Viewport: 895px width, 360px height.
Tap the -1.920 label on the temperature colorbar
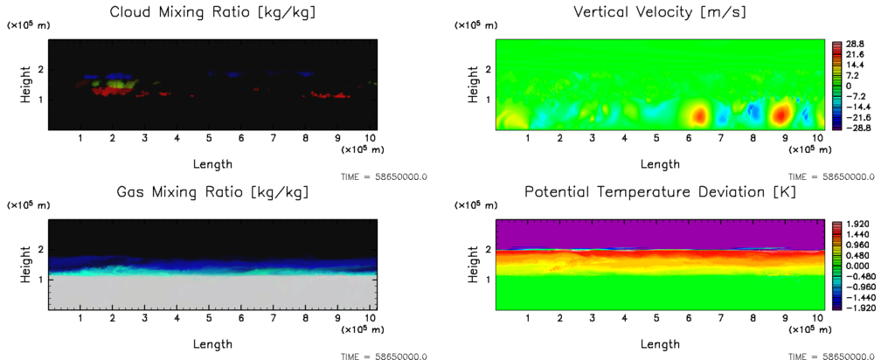(852, 308)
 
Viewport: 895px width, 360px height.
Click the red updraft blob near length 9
(781, 114)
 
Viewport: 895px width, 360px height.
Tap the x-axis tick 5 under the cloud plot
(209, 138)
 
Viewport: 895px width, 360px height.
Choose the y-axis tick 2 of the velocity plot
(487, 69)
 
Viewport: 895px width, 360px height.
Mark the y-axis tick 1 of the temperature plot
(487, 279)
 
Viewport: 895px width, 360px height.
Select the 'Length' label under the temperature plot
(660, 343)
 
